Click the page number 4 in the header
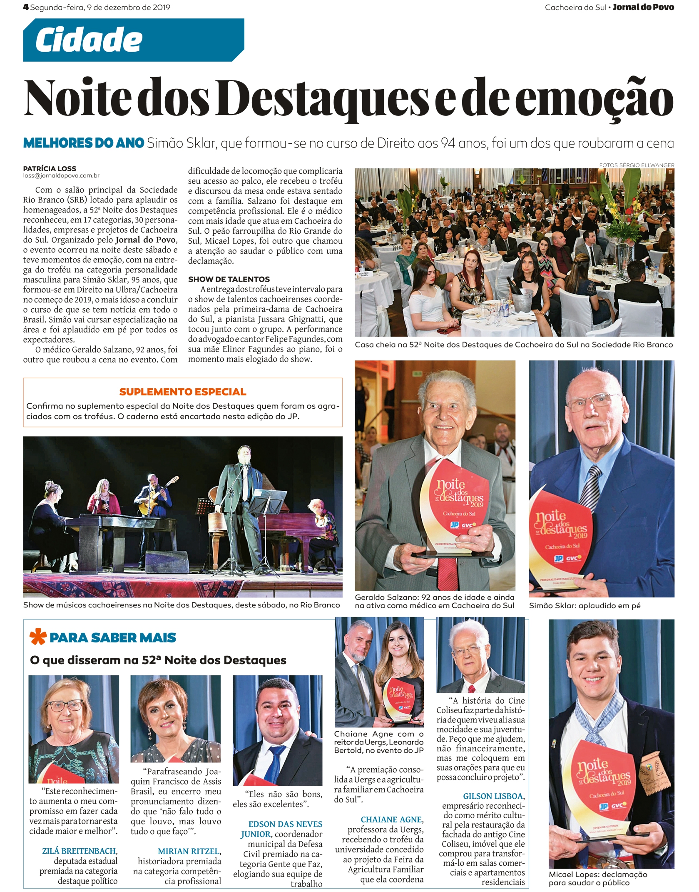click(26, 7)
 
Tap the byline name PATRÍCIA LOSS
click(50, 169)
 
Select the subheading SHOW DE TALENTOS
click(229, 279)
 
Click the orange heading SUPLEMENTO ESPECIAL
click(183, 392)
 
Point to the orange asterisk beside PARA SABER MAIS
click(37, 637)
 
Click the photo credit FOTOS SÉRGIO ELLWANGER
click(637, 165)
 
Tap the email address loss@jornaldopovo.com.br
click(61, 176)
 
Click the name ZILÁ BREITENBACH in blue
click(80, 851)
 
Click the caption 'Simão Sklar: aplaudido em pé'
click(585, 606)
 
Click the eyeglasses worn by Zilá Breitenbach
click(65, 706)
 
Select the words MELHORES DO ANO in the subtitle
click(83, 143)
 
